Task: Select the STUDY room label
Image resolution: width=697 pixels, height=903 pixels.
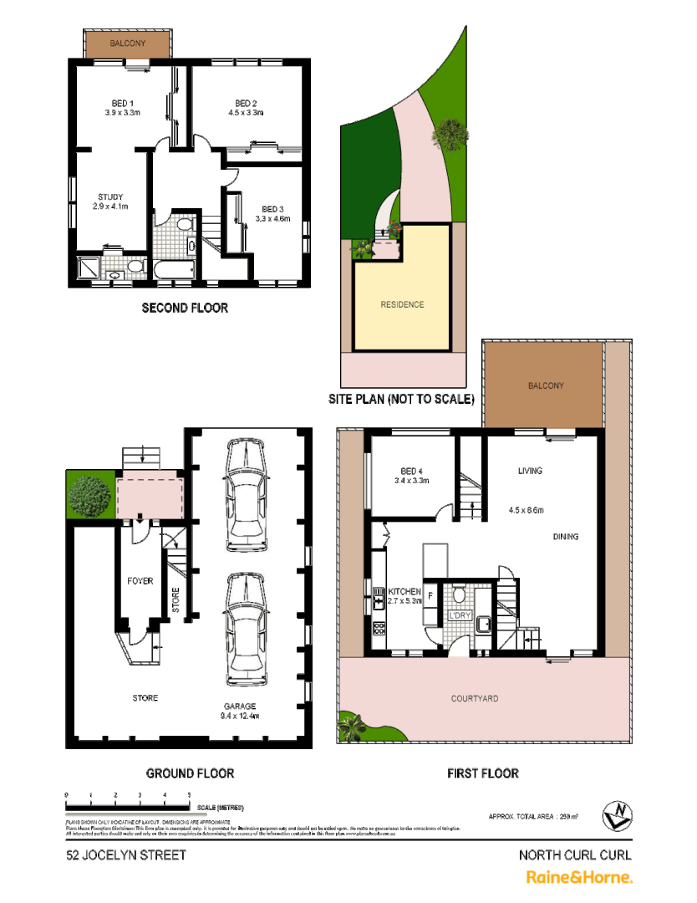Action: tap(110, 197)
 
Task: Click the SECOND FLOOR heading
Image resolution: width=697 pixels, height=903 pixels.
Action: tap(185, 308)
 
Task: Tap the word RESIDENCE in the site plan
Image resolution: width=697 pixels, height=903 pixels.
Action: tap(402, 304)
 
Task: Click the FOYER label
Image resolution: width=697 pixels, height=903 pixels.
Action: tap(140, 580)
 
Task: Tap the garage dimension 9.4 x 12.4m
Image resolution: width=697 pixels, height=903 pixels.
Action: tap(240, 717)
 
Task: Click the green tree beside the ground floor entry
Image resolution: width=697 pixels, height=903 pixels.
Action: tap(89, 496)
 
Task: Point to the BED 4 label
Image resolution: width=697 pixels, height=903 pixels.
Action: tap(410, 470)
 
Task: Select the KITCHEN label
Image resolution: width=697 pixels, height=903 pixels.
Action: tap(404, 591)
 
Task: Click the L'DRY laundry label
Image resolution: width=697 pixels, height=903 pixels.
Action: tap(460, 616)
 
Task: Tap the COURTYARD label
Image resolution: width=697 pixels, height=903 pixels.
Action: tap(474, 698)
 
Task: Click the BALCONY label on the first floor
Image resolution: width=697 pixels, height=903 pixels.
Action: tap(545, 385)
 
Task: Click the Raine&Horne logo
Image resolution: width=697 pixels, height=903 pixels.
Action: tap(578, 877)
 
